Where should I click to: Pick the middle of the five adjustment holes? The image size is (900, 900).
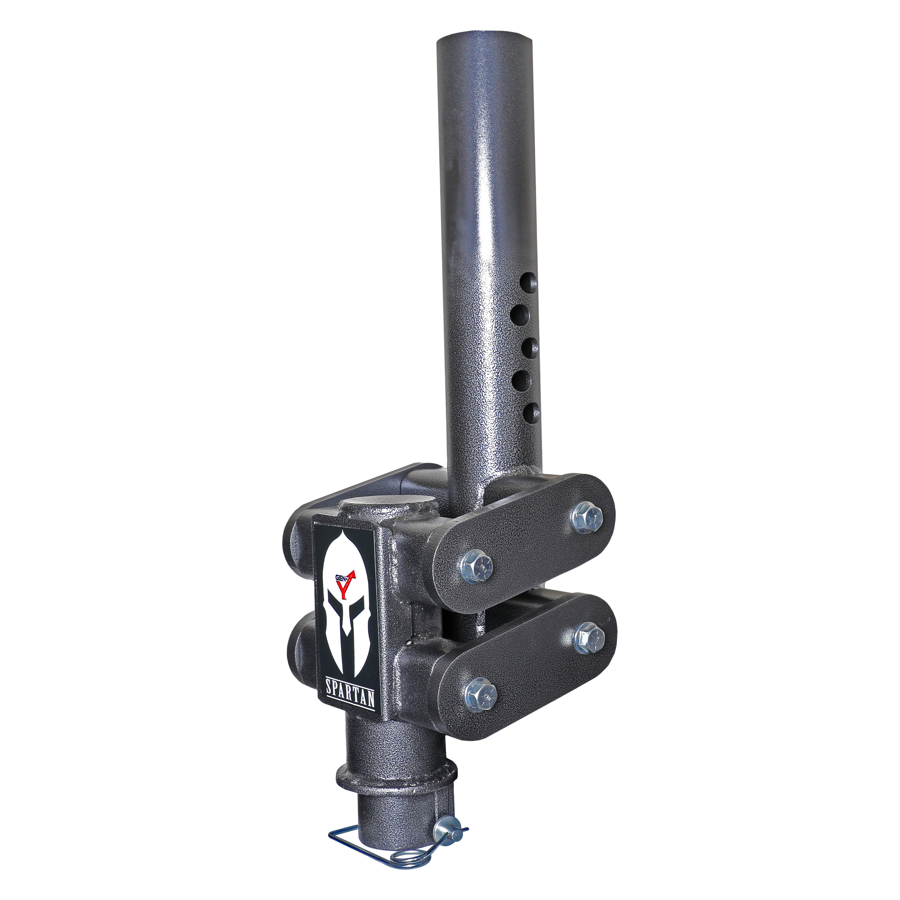tap(531, 346)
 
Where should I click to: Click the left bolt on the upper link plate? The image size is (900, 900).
tap(475, 567)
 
